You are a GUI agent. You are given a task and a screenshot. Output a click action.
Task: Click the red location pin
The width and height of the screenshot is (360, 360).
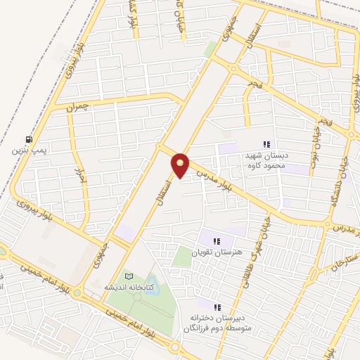(181, 165)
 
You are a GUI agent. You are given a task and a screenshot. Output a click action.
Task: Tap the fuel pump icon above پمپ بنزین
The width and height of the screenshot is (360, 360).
(27, 139)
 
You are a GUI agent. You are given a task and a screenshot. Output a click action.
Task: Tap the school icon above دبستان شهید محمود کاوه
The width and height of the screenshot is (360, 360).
(266, 143)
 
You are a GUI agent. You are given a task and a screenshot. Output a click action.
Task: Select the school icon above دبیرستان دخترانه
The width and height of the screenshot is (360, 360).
(217, 307)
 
